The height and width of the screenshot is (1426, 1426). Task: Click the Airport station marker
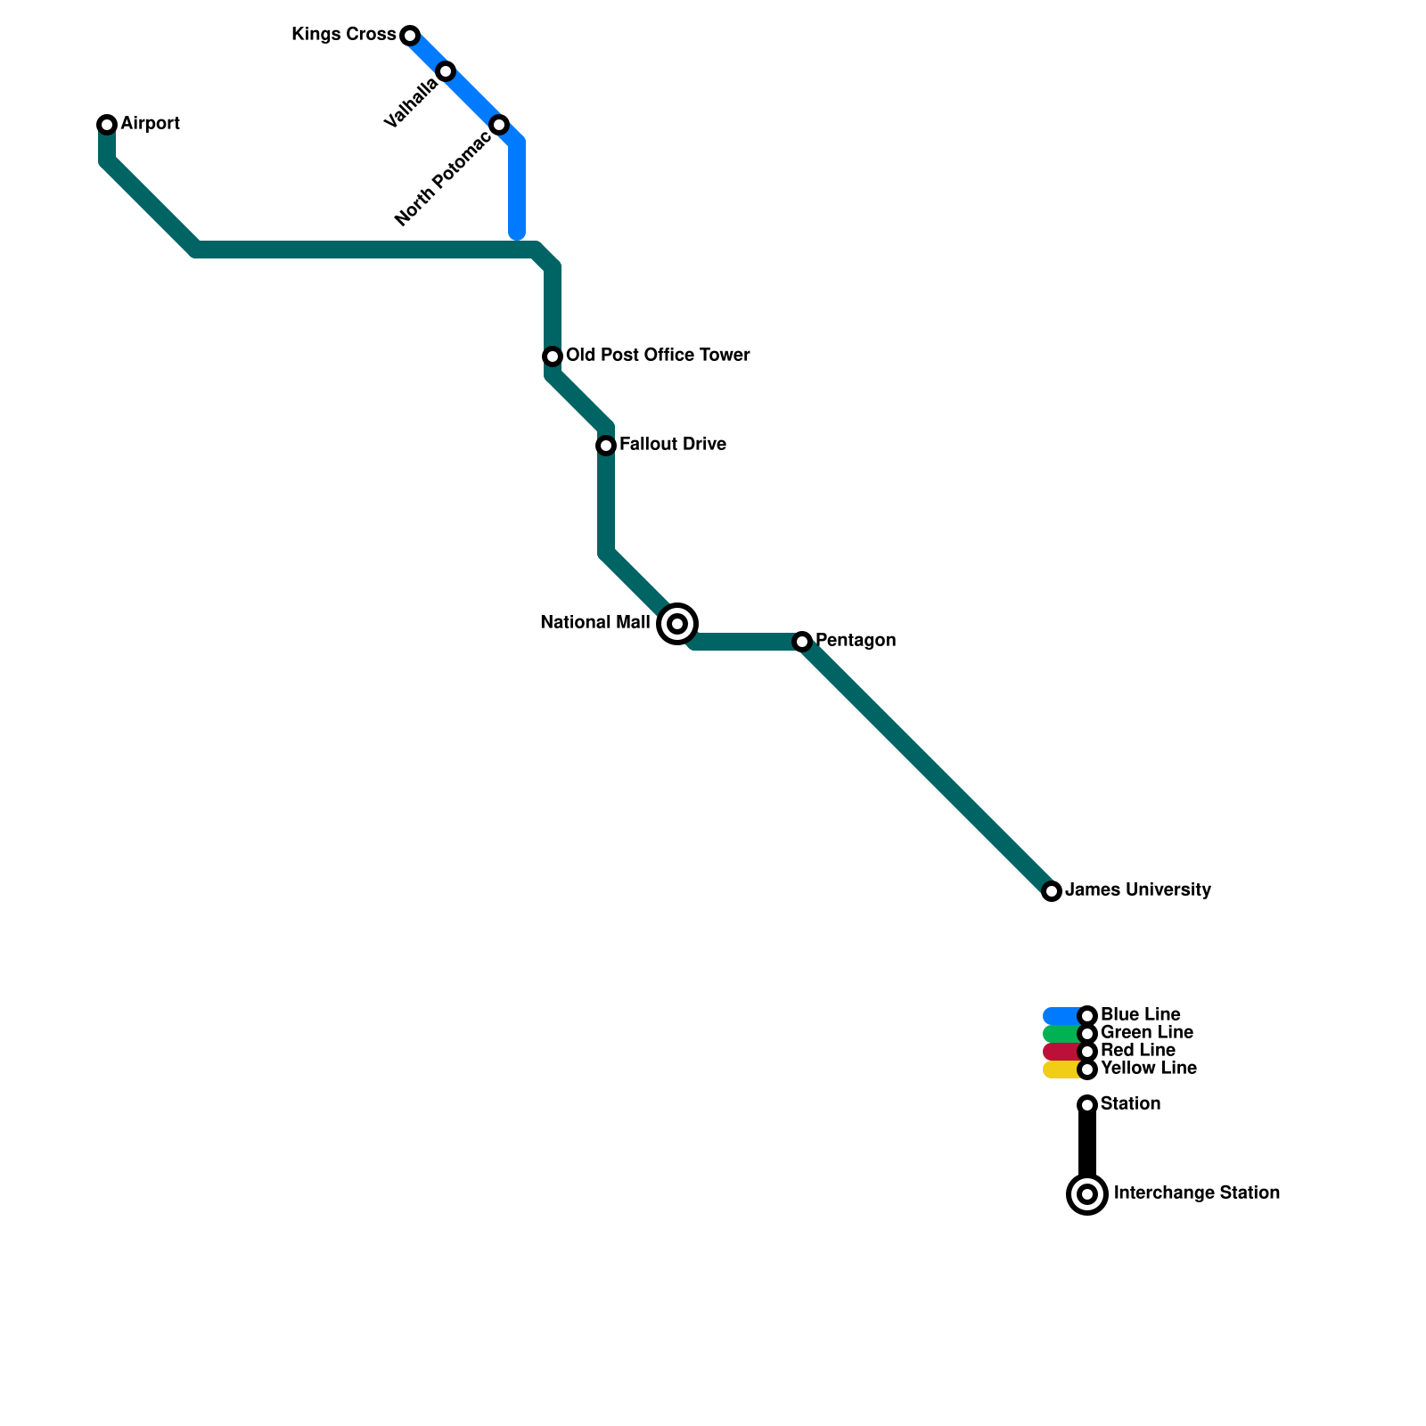pyautogui.click(x=107, y=125)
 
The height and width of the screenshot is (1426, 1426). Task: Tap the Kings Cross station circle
pyautogui.click(x=410, y=36)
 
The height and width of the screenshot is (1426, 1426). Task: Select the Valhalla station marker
pyautogui.click(x=446, y=71)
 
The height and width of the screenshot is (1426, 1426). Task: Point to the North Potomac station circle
pyautogui.click(x=499, y=125)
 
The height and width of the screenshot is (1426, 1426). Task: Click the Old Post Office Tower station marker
pyautogui.click(x=553, y=356)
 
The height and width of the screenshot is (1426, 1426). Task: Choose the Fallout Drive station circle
pyautogui.click(x=606, y=445)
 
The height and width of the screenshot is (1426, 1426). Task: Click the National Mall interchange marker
pyautogui.click(x=677, y=624)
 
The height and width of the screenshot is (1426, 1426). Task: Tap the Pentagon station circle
pyautogui.click(x=802, y=642)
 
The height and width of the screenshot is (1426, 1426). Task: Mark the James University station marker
pyautogui.click(x=1052, y=891)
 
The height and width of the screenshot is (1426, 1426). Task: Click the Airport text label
pyautogui.click(x=150, y=124)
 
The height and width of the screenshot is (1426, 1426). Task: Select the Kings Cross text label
pyautogui.click(x=343, y=35)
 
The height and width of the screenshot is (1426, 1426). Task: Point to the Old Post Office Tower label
pyautogui.click(x=658, y=356)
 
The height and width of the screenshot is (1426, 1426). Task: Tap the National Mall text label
pyautogui.click(x=594, y=623)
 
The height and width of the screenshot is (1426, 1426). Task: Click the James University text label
pyautogui.click(x=1138, y=890)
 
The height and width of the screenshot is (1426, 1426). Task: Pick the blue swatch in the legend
pyautogui.click(x=1061, y=1016)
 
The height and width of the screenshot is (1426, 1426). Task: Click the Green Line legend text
pyautogui.click(x=1146, y=1033)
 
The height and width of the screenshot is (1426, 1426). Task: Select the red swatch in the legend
pyautogui.click(x=1061, y=1052)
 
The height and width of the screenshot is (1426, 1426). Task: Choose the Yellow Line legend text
pyautogui.click(x=1148, y=1069)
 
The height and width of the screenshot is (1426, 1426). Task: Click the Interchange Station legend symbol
pyautogui.click(x=1087, y=1194)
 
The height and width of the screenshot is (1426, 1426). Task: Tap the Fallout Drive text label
pyautogui.click(x=672, y=445)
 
